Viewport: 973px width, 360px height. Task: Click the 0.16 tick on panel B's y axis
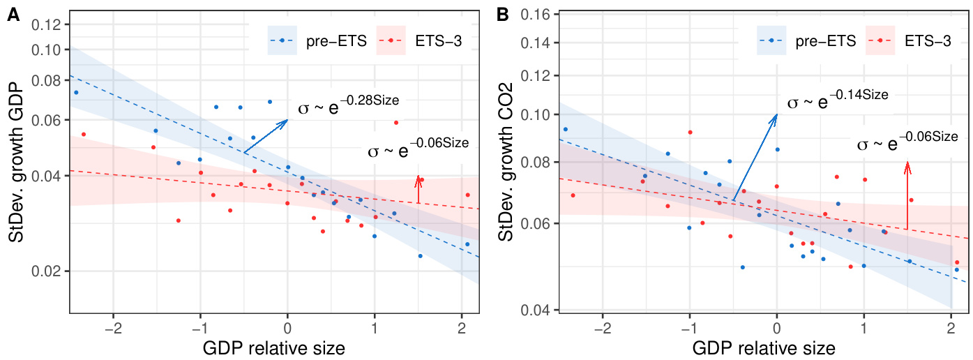click(534, 14)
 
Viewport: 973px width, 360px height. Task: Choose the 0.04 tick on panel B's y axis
click(534, 310)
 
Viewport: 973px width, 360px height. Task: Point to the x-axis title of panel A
click(274, 347)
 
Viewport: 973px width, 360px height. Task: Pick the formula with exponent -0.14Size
click(837, 100)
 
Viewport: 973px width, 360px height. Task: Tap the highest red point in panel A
click(396, 123)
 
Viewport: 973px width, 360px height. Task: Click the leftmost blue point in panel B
click(566, 129)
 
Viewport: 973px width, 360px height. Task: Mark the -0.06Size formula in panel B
click(907, 142)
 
